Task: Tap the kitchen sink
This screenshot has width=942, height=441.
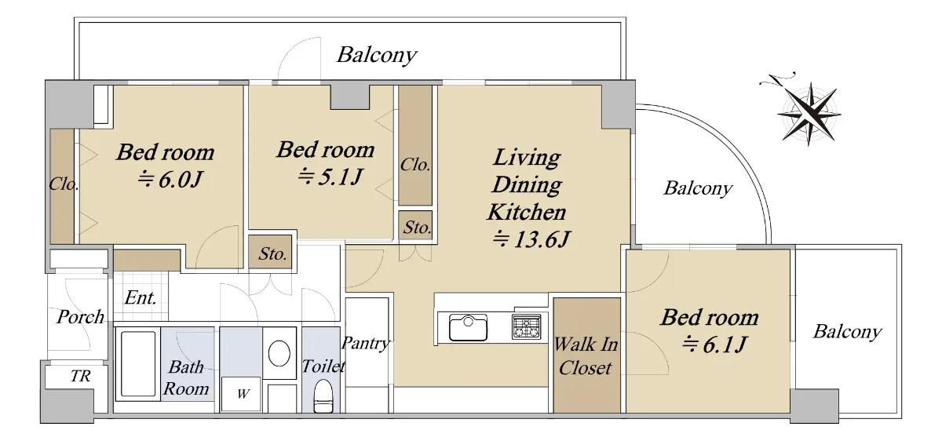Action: [468, 327]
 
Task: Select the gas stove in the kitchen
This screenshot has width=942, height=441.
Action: [526, 326]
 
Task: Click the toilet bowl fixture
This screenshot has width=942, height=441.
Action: [323, 396]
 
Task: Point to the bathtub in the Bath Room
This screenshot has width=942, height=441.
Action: [138, 363]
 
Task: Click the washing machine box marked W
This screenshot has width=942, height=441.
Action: [242, 393]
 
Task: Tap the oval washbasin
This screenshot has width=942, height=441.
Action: [279, 353]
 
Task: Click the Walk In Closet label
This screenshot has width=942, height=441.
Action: [586, 356]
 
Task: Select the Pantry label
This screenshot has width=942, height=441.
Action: [366, 344]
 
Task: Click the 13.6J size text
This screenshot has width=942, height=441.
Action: [531, 239]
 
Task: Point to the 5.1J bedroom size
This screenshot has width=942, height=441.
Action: [330, 177]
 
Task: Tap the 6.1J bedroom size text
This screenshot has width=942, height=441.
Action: [714, 344]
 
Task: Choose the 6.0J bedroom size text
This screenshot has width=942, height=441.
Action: [170, 180]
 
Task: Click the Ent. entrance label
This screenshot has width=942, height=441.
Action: [141, 297]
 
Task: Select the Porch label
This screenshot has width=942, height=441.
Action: [80, 316]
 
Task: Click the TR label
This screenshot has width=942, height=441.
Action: [80, 376]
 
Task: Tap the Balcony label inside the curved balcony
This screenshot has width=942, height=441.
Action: [698, 189]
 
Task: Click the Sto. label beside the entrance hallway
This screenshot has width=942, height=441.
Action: [272, 253]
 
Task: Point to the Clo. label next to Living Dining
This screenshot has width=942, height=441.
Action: [415, 164]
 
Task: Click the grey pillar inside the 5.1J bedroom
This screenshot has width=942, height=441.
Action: [350, 97]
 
